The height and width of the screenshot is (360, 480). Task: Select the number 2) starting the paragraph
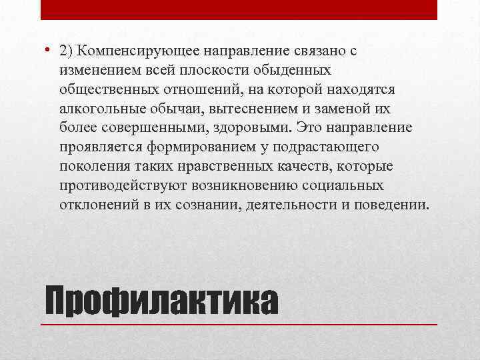[66, 50]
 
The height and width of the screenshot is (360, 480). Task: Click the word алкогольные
[101, 108]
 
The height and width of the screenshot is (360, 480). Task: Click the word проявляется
[99, 147]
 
